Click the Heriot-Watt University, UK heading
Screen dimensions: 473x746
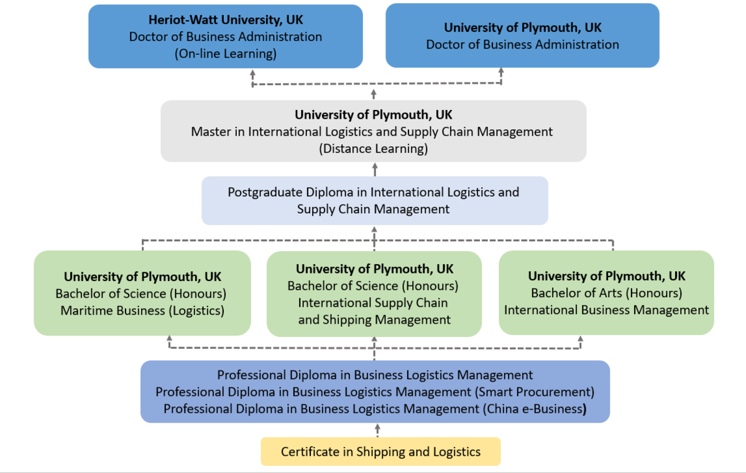[225, 20]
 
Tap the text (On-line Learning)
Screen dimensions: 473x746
[225, 53]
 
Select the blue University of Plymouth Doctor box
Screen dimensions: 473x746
[522, 35]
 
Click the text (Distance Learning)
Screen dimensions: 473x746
[374, 149]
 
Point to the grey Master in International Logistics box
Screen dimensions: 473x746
[373, 131]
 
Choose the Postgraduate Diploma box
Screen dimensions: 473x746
[374, 200]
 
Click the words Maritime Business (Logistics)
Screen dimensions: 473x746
[142, 310]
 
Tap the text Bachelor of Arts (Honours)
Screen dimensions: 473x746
[606, 293]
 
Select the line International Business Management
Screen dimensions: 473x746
[606, 310]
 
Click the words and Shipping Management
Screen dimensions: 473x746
[374, 320]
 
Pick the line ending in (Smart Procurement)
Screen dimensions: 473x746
[375, 392]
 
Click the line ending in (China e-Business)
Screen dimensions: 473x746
[375, 409]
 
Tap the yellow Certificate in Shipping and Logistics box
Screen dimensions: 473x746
[380, 452]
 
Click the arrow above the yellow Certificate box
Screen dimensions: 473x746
[377, 429]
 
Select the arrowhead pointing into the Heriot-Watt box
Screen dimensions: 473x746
[253, 73]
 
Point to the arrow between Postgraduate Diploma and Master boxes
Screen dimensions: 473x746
[375, 169]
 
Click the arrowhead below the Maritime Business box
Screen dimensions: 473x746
[169, 339]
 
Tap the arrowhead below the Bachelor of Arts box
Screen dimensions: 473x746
[581, 339]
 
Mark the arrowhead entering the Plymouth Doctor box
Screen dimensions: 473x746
[501, 72]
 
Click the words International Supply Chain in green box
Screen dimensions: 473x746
[373, 303]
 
